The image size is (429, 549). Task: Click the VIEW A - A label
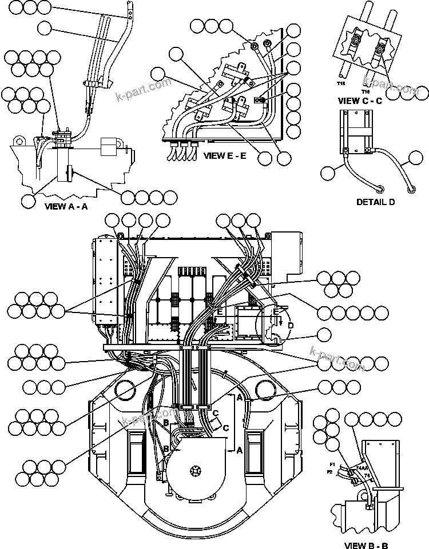[66, 207]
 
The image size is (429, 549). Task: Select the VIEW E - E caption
[225, 155]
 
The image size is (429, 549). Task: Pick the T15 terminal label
[341, 84]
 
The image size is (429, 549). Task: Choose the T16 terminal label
[366, 90]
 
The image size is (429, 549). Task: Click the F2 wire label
[329, 473]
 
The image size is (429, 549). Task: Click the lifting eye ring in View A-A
[20, 140]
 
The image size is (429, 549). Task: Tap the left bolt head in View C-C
[356, 41]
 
